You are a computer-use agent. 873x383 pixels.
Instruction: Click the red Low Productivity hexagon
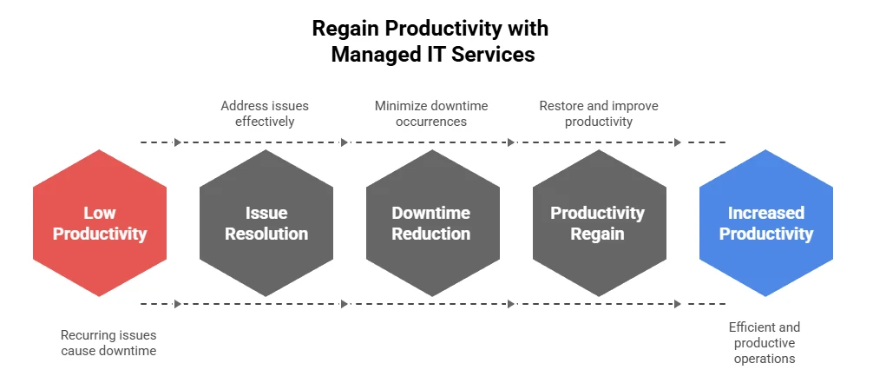99,223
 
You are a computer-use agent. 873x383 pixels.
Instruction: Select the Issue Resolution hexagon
266,223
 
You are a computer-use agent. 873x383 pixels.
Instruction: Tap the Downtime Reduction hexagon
431,223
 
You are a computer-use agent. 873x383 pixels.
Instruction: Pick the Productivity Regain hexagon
598,223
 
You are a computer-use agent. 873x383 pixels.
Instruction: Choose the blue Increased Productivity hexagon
765,223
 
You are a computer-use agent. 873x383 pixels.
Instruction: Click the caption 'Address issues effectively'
265,114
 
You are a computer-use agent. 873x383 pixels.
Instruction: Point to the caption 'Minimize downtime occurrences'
431,114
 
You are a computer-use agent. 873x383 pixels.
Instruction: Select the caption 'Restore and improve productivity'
598,114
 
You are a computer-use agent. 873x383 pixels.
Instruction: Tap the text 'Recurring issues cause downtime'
108,342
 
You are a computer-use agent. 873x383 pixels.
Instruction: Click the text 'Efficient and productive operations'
765,342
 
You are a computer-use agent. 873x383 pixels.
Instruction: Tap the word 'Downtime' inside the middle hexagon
431,213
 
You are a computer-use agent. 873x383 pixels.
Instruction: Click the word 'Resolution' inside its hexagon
266,234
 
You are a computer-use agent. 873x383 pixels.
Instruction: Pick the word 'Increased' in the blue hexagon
765,213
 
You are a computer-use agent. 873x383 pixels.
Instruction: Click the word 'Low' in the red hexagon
99,213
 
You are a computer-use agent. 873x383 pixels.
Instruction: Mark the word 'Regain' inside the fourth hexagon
598,234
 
